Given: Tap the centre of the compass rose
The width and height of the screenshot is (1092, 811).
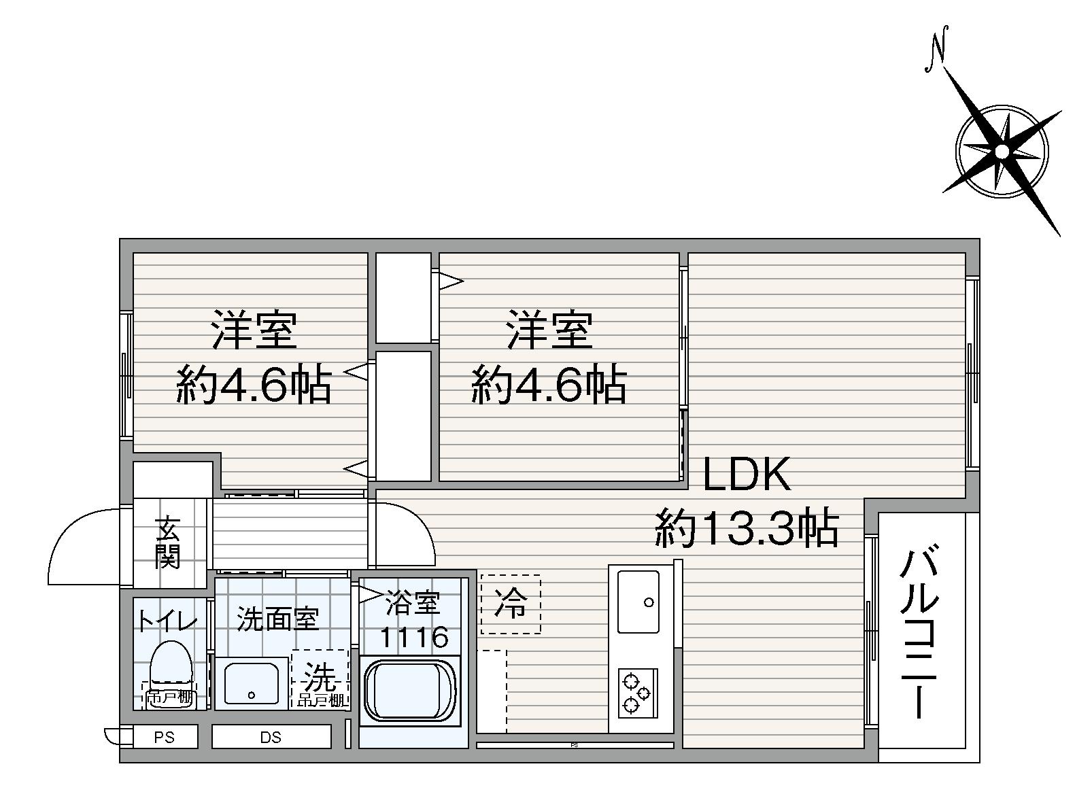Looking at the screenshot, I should point(1002,151).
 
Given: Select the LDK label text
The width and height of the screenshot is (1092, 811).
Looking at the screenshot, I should point(746,474).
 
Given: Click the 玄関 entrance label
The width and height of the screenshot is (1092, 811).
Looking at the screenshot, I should point(167,542).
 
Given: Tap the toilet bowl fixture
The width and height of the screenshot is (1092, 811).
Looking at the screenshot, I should point(170,663).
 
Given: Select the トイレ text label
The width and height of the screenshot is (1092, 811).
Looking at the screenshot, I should point(167,621).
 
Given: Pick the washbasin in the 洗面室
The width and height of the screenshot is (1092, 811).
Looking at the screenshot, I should point(252,683).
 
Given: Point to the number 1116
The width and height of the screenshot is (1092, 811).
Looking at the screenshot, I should point(413,638).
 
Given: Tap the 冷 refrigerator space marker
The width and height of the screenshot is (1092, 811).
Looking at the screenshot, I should point(511,604).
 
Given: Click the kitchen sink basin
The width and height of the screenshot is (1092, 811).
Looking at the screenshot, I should point(638,601).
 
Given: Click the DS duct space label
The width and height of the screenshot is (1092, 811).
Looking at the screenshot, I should point(271,737).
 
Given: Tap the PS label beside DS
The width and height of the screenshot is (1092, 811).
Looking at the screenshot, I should point(165,737).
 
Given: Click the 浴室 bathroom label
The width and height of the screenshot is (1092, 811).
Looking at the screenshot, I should point(413,602).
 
